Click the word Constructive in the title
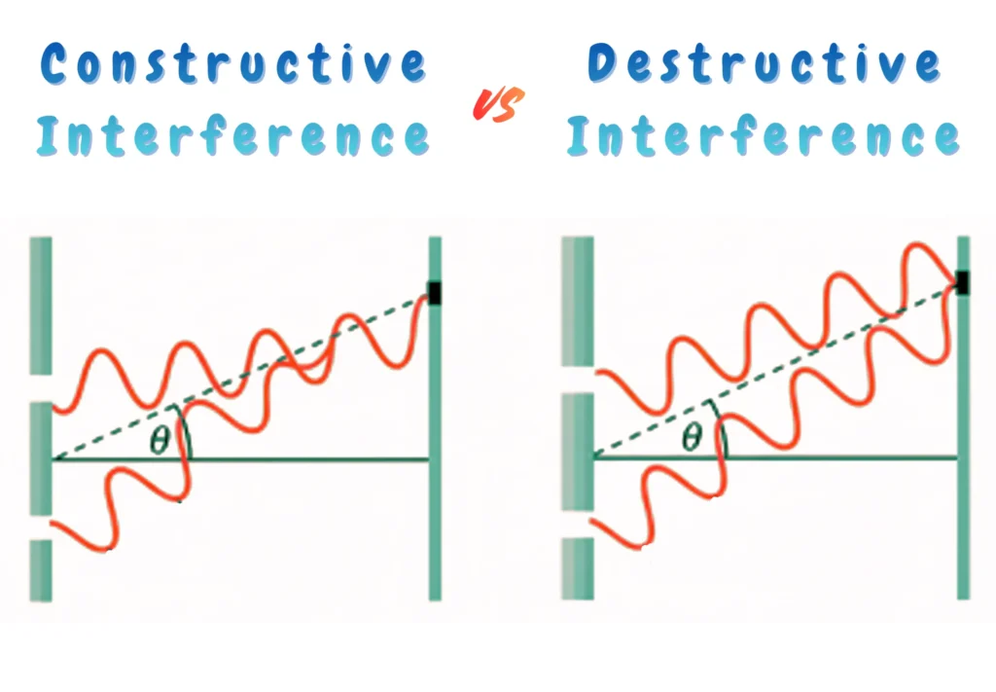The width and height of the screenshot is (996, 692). click(233, 65)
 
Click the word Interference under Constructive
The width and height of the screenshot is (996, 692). click(233, 137)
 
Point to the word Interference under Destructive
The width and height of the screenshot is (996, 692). click(765, 136)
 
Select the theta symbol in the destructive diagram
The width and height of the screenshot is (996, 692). click(692, 438)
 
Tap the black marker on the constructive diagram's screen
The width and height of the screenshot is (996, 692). click(435, 292)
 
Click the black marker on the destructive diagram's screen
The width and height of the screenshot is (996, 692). click(962, 283)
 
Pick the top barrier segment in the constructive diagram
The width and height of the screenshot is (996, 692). click(40, 305)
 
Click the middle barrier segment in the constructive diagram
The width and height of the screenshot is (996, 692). click(40, 457)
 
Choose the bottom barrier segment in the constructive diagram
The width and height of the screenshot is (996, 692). click(40, 570)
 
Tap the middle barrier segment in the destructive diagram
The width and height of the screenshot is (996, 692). click(578, 451)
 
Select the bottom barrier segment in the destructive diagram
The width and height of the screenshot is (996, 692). click(578, 567)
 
